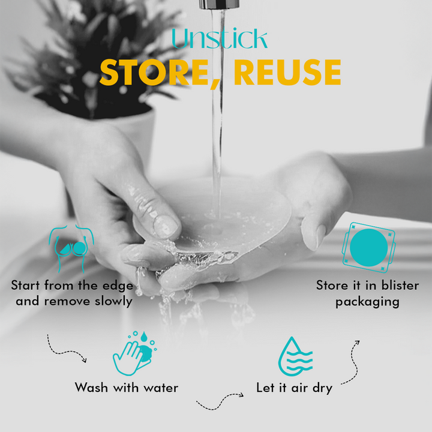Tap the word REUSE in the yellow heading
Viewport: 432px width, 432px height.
(287, 73)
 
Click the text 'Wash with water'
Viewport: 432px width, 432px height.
(127, 388)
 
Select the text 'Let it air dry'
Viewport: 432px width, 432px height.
(294, 388)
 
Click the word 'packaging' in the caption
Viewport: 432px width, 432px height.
(367, 301)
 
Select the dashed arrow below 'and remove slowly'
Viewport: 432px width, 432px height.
(67, 349)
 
